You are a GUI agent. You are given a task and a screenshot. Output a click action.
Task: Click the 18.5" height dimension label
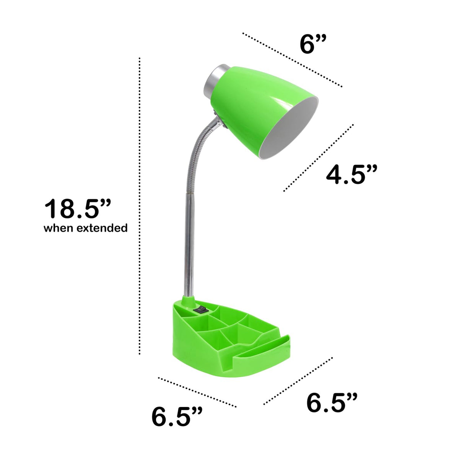(x=78, y=209)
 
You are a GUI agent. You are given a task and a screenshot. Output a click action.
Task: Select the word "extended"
(x=102, y=228)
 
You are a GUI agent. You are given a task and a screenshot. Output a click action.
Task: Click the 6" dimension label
(x=313, y=44)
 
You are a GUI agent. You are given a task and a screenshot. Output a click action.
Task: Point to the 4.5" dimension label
(x=352, y=174)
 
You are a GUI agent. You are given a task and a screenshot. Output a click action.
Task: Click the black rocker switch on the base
(x=200, y=310)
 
